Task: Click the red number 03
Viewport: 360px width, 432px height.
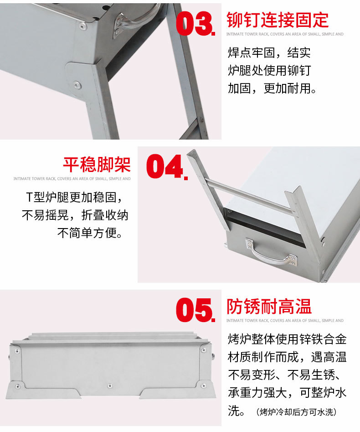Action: coord(195,23)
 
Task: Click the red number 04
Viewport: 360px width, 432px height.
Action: coord(166,166)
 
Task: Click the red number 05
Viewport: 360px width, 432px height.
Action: coord(195,310)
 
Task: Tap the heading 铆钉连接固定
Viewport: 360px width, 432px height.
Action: coord(278,20)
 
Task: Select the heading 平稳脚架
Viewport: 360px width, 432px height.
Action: coord(97,164)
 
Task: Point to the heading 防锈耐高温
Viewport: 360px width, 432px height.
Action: coord(269,307)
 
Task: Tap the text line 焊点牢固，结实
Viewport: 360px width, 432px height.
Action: coord(269,52)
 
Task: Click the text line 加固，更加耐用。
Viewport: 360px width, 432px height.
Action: coord(272,88)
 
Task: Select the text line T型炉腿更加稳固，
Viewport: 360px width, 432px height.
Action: coord(77,197)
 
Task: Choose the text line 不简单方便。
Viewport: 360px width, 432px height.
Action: coord(90,233)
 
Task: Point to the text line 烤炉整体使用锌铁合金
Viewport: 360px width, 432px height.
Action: coord(287,339)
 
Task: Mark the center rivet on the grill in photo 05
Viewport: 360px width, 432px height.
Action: coord(109,386)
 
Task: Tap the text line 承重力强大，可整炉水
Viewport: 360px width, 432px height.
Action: coord(287,393)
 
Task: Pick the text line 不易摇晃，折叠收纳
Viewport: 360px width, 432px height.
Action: coord(75,215)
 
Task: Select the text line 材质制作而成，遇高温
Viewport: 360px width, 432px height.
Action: coord(287,357)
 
